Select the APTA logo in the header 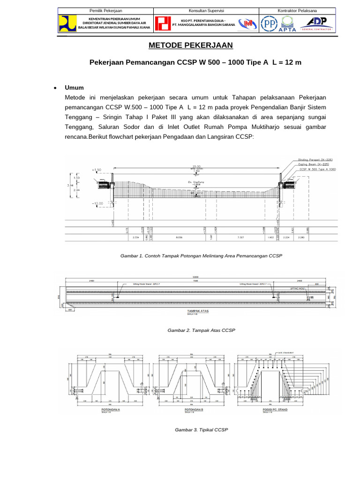click(288, 24)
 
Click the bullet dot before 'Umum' click(55, 88)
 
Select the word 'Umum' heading click(74, 88)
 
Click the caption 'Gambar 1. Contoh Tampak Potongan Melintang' click(202, 256)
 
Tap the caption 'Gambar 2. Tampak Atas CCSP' click(201, 330)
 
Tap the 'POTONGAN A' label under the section click(111, 409)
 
